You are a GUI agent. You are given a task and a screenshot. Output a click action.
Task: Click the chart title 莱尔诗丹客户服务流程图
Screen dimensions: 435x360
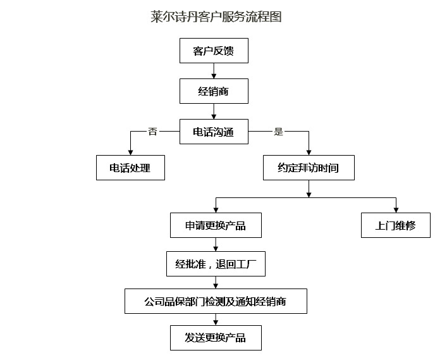click(x=216, y=16)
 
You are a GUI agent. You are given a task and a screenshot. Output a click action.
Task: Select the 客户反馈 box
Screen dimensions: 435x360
click(x=214, y=51)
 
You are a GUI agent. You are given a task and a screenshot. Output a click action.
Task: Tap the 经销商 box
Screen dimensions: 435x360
click(x=214, y=91)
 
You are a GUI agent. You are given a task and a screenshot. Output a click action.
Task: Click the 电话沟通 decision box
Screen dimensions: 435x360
click(x=214, y=132)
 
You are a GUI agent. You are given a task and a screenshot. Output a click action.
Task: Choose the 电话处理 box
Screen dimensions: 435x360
click(x=130, y=168)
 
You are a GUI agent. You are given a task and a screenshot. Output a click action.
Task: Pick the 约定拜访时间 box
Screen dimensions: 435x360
click(x=309, y=168)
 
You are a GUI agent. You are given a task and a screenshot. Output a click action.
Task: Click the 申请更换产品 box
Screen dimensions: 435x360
click(x=216, y=225)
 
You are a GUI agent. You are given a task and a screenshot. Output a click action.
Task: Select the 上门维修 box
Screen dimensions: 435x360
click(x=396, y=225)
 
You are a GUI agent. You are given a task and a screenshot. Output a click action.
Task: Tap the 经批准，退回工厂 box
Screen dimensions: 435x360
click(x=216, y=264)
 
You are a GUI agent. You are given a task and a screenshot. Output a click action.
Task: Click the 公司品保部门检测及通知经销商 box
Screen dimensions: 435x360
click(x=216, y=301)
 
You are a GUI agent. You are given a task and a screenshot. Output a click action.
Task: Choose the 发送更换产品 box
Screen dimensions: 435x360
click(x=216, y=338)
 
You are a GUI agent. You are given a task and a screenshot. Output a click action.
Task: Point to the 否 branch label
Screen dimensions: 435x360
click(x=152, y=132)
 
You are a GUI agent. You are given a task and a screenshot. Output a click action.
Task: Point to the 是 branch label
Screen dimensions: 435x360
click(x=279, y=132)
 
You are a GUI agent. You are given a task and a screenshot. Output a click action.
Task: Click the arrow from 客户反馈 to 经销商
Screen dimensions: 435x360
click(x=214, y=71)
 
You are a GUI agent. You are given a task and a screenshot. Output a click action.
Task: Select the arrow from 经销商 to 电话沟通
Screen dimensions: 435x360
click(x=214, y=111)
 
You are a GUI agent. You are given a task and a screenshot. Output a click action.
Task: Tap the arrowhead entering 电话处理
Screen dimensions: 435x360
click(x=130, y=152)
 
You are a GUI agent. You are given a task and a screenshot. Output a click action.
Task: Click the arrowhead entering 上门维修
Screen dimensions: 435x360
click(x=396, y=210)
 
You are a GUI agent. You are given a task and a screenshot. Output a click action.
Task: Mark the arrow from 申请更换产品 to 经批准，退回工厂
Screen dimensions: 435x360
click(x=216, y=244)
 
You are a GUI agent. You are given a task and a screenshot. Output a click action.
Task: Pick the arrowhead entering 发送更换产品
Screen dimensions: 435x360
click(x=216, y=323)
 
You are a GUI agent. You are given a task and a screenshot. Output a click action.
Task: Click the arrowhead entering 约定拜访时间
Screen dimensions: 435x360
click(x=309, y=152)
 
